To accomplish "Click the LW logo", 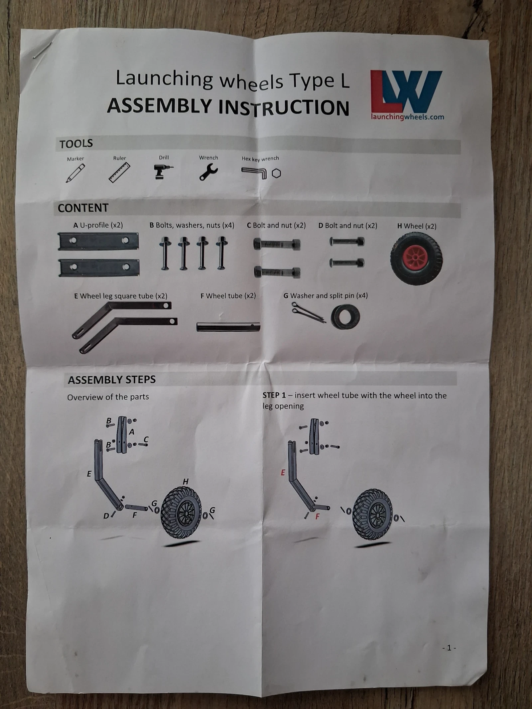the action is [406, 92].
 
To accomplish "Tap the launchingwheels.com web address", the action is [408, 117].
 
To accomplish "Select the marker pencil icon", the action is [75, 173].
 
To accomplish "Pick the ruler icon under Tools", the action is [119, 173].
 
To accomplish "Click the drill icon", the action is [163, 172].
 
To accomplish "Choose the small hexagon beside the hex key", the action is [276, 173].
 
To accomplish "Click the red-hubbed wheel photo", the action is [416, 259].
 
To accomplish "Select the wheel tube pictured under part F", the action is [228, 327].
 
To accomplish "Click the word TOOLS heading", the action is [76, 144].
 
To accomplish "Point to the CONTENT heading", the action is [83, 208].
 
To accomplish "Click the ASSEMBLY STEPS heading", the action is [112, 380].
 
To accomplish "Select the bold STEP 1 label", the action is [274, 395].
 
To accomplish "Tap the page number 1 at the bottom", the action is [449, 648].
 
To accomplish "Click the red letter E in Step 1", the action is [283, 472].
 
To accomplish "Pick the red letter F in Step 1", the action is [317, 517].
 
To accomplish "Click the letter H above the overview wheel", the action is [186, 481].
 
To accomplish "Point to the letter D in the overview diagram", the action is [106, 516].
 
